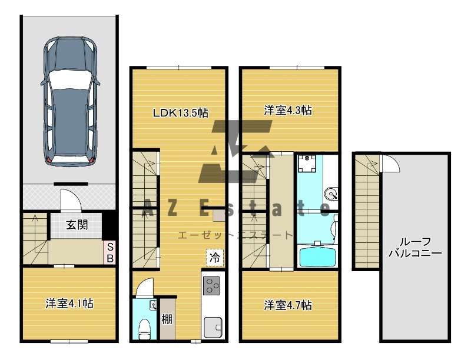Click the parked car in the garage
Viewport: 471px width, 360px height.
tap(70, 101)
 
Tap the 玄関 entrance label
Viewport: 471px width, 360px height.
tap(77, 225)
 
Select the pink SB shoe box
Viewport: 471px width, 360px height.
tap(110, 252)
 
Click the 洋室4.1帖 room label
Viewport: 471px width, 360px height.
tap(69, 304)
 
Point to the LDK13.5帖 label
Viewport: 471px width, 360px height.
tap(181, 113)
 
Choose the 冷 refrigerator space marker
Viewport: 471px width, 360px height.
tap(215, 258)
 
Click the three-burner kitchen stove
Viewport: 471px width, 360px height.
tap(211, 285)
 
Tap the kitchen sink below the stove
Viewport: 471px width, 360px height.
tap(213, 327)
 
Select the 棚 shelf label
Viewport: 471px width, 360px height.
tap(167, 319)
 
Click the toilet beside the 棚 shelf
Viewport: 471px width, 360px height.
tap(144, 329)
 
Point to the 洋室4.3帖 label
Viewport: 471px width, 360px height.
tap(288, 111)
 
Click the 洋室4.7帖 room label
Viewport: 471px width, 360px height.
tap(288, 305)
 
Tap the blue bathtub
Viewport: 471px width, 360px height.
tap(317, 255)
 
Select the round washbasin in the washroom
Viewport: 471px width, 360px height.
tap(331, 194)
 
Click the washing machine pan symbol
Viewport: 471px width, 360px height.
tap(307, 164)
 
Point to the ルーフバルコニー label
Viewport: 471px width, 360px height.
tap(416, 248)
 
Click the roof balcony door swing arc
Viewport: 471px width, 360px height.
tap(393, 162)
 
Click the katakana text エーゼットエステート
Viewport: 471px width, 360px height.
tap(235, 235)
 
